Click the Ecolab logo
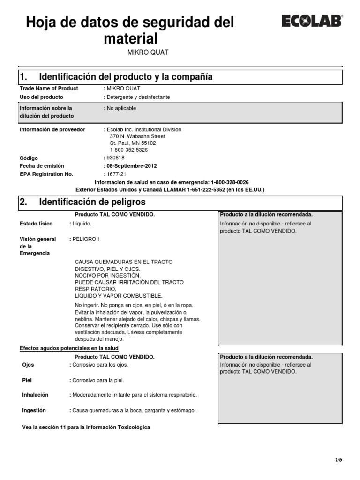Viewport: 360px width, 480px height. coord(312,21)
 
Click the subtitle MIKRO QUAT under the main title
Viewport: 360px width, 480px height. coord(148,52)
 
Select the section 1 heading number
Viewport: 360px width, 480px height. coord(23,77)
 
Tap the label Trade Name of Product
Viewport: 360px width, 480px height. coord(49,88)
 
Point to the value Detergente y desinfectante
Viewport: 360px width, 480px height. coord(138,97)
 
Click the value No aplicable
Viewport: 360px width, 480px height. coord(121,108)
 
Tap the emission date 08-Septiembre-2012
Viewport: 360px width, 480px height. coord(132,166)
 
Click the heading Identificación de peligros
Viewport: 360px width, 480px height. coord(92,202)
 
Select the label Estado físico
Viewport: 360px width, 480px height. coord(36,224)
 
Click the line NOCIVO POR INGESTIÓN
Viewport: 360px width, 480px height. coord(107,276)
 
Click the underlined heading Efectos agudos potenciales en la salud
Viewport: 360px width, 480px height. coord(69,348)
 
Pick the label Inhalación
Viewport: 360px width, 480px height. coord(35,395)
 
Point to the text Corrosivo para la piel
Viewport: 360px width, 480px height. coord(98,380)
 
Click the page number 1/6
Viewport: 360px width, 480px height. coord(338,460)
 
